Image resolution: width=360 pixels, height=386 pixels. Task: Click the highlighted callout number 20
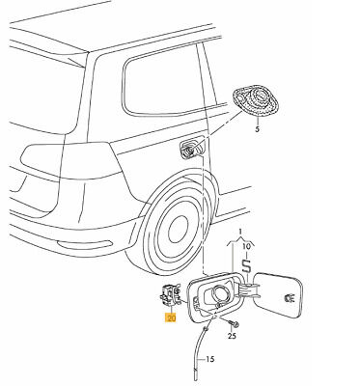coord(171,317)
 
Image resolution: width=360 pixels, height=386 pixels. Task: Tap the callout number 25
coord(232,336)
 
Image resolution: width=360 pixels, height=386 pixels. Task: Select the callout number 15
coord(209,359)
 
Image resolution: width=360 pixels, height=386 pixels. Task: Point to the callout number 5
coord(257,129)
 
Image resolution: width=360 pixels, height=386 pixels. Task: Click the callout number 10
coord(246,247)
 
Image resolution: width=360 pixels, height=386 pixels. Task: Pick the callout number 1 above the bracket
coord(239,231)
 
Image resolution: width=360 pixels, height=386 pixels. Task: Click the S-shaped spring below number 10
coord(246,266)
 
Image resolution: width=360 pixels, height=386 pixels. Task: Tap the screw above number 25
coord(233,323)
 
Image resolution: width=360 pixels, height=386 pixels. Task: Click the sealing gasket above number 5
coord(256,102)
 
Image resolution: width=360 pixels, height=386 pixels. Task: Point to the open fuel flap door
coord(279,294)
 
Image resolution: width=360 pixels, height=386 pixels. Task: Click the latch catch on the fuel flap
coord(290,298)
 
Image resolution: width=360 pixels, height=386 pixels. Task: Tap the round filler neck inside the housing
coord(221,293)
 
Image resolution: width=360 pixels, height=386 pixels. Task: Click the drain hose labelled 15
coord(200,354)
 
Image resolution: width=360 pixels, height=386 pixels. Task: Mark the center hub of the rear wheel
coord(178,229)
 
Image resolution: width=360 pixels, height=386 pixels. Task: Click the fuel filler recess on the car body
coord(192,148)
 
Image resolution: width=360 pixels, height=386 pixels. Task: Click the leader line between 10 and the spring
coord(246,255)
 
